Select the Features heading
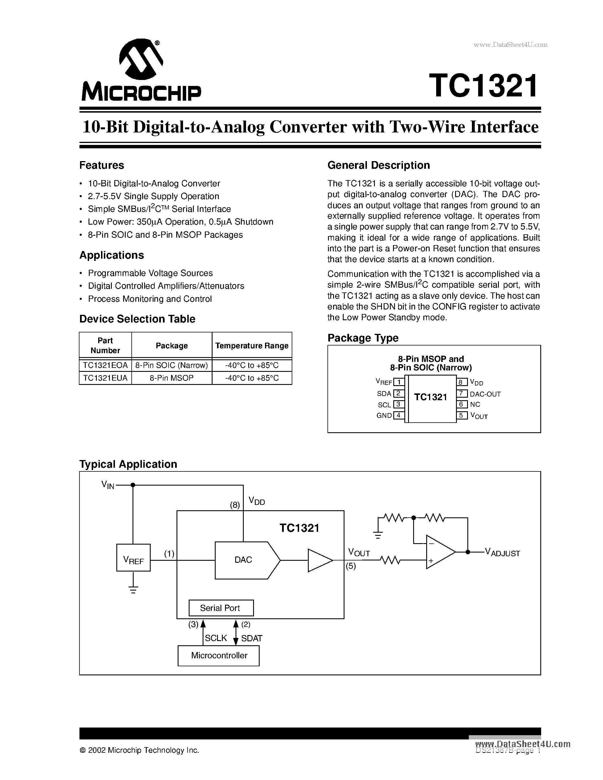pos(102,165)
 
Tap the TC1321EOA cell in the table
pos(105,365)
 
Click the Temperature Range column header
pos(252,346)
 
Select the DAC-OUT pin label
pos(485,394)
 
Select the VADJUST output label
pos(502,553)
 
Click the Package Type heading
pos(363,338)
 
